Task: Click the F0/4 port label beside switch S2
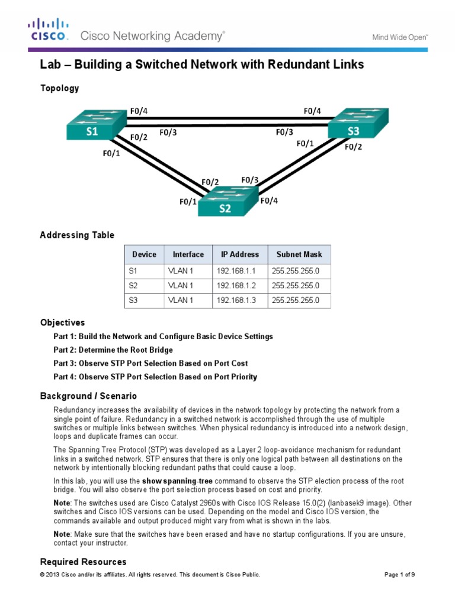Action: point(268,201)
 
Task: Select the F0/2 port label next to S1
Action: point(138,138)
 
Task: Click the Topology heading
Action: point(59,88)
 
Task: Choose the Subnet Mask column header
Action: point(299,254)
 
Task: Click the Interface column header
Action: point(188,254)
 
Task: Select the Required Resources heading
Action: point(83,562)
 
